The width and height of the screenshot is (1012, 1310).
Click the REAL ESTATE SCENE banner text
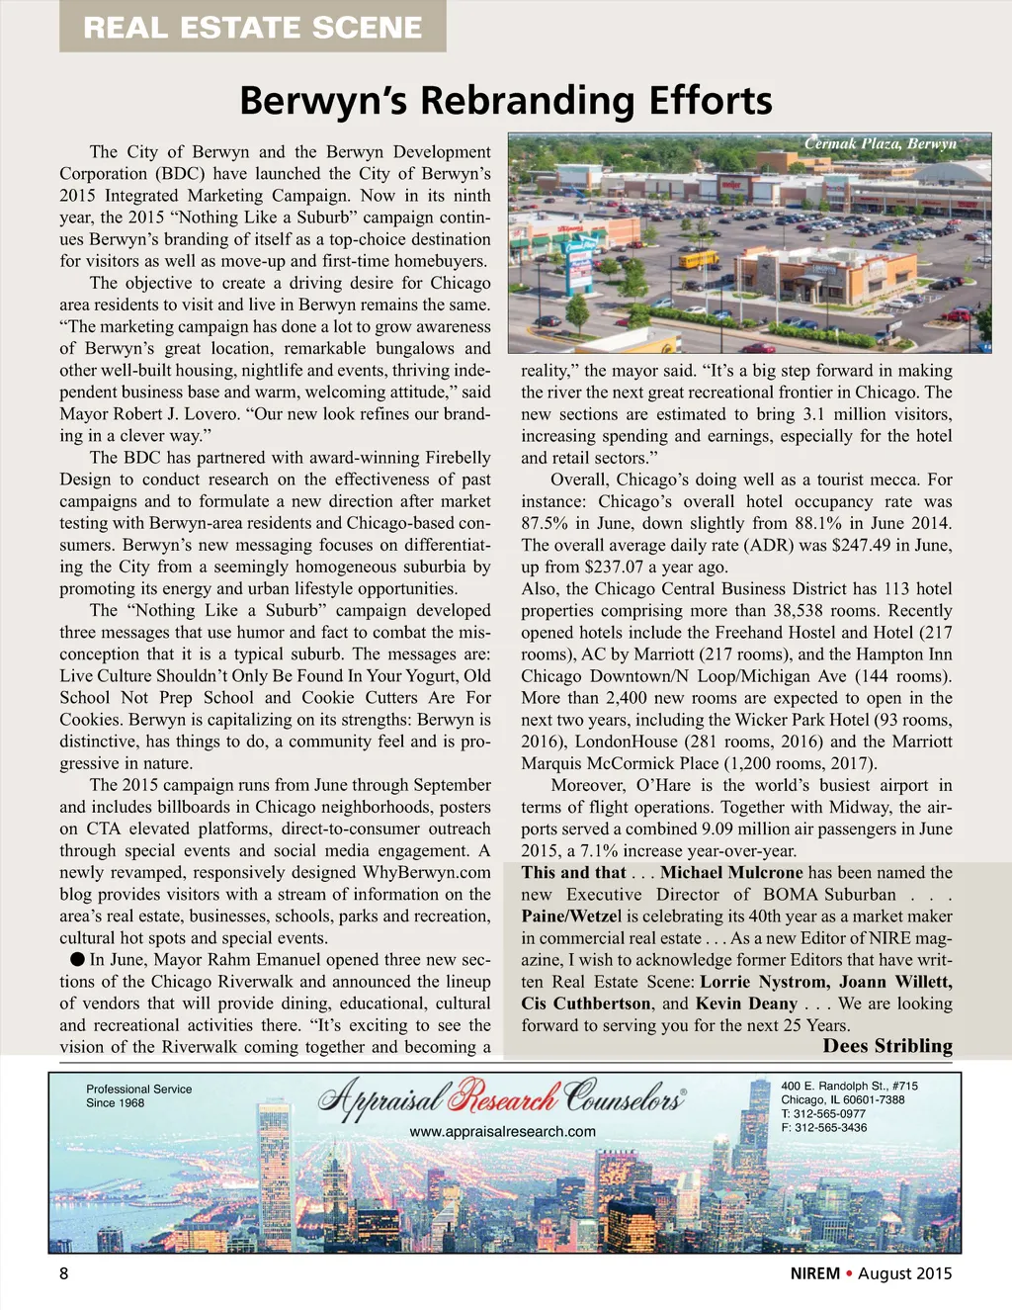tap(252, 27)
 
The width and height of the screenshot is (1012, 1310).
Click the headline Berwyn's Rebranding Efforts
tap(505, 101)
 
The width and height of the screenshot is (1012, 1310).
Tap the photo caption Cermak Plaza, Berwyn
tap(880, 143)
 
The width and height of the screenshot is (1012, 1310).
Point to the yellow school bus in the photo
tap(699, 259)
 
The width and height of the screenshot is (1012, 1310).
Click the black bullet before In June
tap(76, 959)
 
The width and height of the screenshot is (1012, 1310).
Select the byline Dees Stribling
tap(887, 1046)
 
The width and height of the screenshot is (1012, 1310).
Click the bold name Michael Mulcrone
tap(731, 872)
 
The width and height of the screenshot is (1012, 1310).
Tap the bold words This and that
tap(573, 872)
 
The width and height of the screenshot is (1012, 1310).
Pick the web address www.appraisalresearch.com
tap(502, 1131)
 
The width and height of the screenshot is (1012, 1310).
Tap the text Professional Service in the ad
tap(138, 1090)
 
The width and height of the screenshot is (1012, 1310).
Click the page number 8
tap(64, 1273)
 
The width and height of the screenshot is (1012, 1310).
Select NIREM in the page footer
tap(814, 1273)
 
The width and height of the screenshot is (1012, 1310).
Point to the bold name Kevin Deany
tap(746, 1004)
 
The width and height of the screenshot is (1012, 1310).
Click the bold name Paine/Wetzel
tap(572, 916)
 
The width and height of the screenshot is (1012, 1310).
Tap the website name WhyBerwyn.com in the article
tap(426, 872)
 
